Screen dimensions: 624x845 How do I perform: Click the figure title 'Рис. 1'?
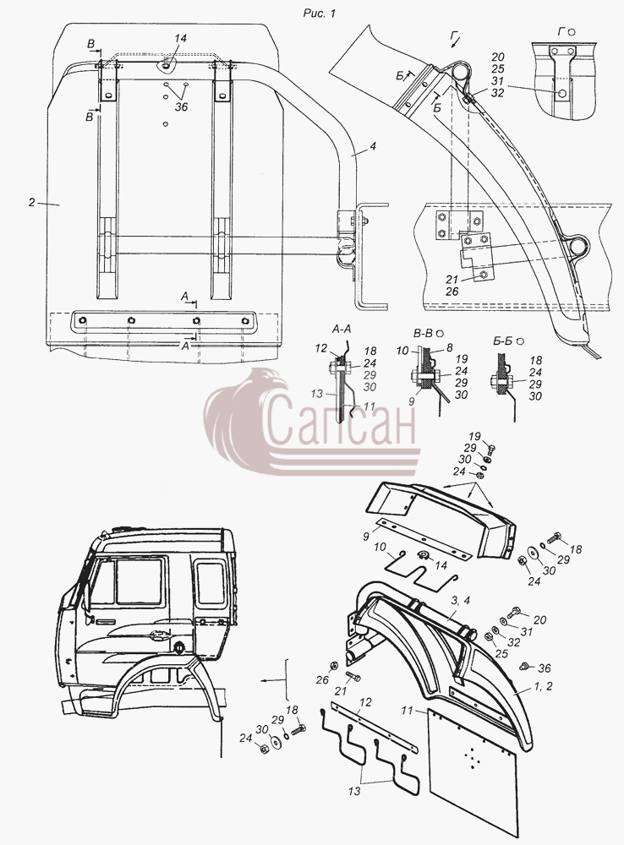tap(320, 14)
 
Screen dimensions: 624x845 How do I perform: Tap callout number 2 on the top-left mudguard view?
tap(32, 203)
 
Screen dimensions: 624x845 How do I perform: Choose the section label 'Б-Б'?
tap(501, 341)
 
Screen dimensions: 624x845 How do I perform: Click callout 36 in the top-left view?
tap(181, 107)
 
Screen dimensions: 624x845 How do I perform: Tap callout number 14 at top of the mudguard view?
tap(180, 38)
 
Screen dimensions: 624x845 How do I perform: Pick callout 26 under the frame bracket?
tap(452, 292)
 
